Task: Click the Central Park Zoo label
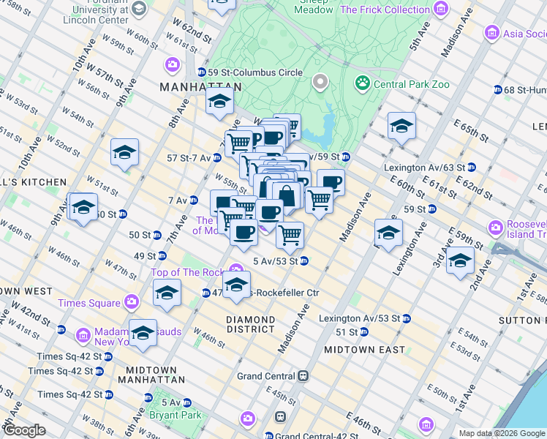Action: [x=412, y=84]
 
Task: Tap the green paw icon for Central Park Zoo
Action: [x=361, y=83]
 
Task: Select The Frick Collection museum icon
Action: [x=440, y=10]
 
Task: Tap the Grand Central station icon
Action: [x=303, y=376]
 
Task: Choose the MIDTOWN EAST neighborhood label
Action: [x=364, y=350]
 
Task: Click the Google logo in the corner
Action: [x=24, y=430]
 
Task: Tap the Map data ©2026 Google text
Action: [x=502, y=433]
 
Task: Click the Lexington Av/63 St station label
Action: [x=424, y=168]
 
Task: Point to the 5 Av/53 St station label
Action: [x=274, y=261]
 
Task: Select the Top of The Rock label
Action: [x=188, y=273]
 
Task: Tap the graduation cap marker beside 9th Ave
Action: [x=125, y=154]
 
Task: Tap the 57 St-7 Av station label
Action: [x=189, y=157]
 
